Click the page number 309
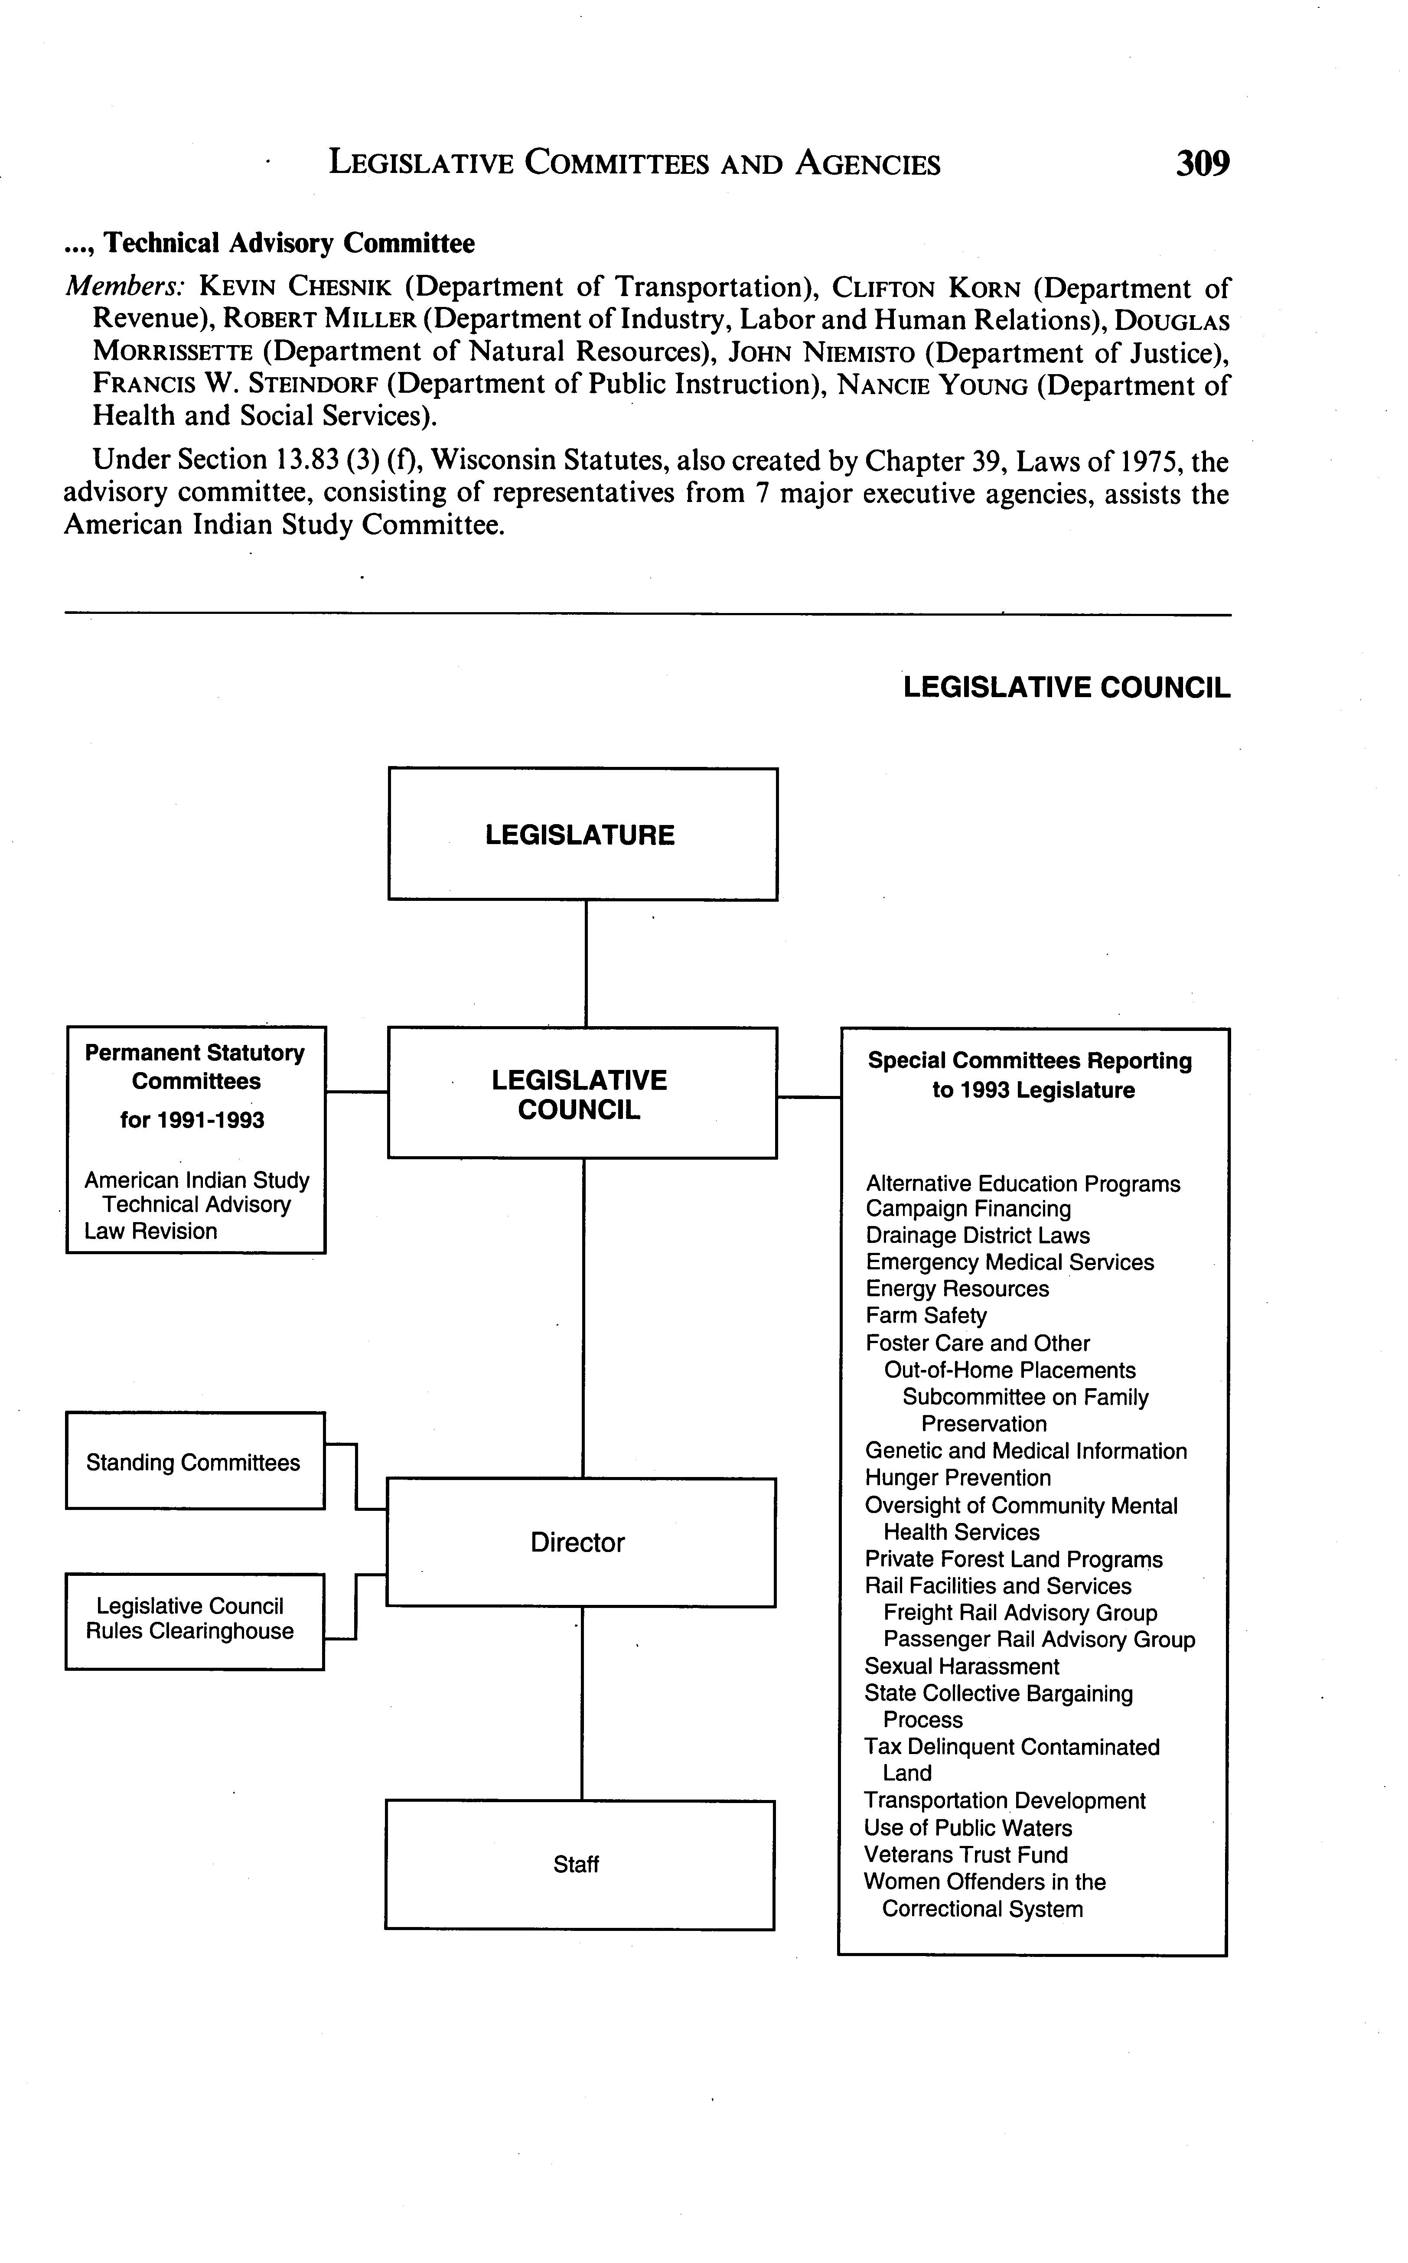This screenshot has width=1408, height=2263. pos(1202,164)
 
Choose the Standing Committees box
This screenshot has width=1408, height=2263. pos(194,1462)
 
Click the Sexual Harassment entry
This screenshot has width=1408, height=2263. pos(961,1666)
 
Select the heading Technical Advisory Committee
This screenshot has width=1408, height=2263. pos(289,243)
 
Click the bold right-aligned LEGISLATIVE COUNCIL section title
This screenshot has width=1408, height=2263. pos(1066,687)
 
